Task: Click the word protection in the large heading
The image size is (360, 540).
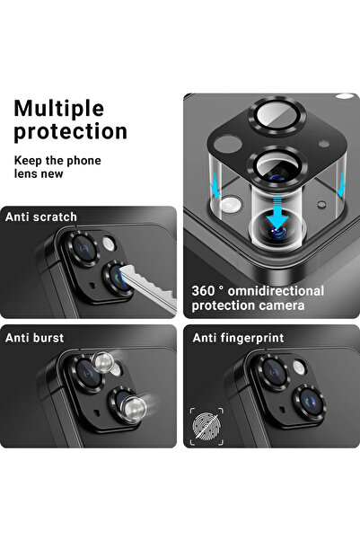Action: (x=71, y=131)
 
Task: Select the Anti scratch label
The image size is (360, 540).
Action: (x=41, y=217)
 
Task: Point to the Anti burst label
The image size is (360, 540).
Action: (x=34, y=337)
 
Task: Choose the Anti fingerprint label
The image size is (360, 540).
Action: (x=236, y=337)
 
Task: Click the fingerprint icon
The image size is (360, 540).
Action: (x=204, y=422)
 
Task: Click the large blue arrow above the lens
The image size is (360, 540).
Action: (x=278, y=215)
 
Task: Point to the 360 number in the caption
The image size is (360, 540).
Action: (x=204, y=291)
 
